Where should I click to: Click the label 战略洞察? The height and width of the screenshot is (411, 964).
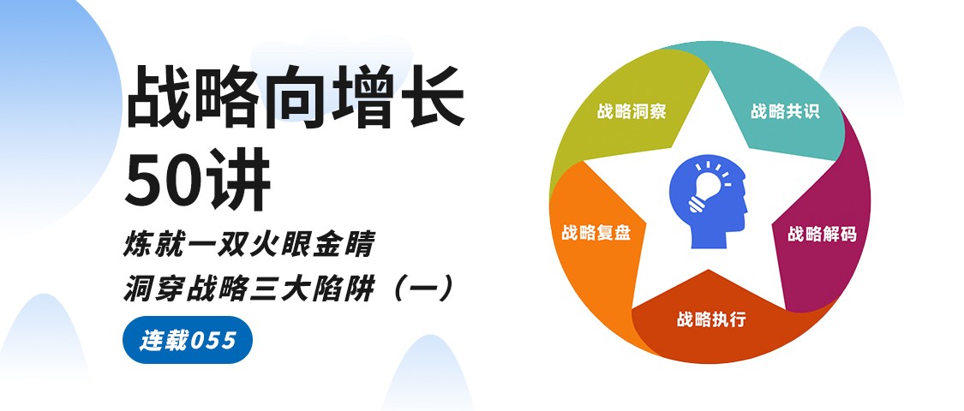(632, 111)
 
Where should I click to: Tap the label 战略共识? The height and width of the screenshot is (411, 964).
(785, 111)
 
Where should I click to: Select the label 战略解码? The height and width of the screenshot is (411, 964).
(822, 234)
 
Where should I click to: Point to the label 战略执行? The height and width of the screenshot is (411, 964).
(711, 319)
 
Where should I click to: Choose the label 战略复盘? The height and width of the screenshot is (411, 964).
(596, 233)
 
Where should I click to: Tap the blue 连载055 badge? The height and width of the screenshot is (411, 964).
(188, 340)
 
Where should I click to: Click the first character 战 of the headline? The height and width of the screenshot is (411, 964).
(159, 97)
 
